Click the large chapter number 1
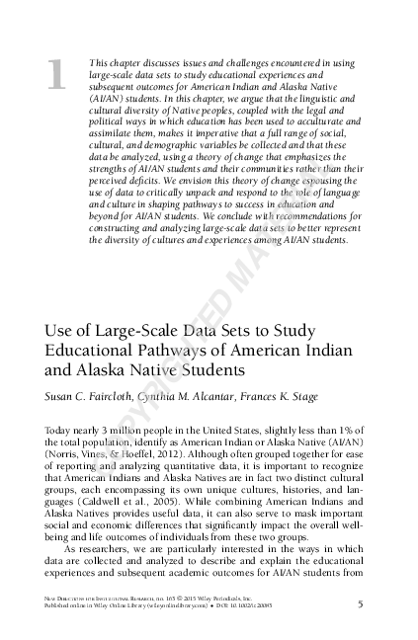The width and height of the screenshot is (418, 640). tap(56, 76)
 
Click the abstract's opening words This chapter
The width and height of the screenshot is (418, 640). tap(111, 62)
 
